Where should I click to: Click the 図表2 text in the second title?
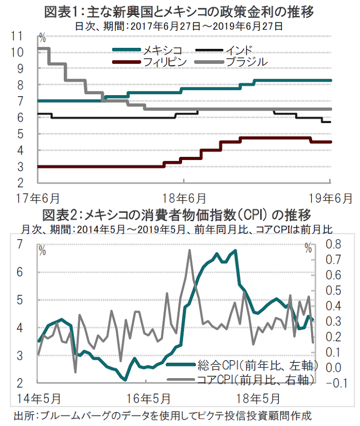(x=60, y=214)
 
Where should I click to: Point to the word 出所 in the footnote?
(x=23, y=415)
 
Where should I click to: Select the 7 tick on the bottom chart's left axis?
(x=21, y=244)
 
